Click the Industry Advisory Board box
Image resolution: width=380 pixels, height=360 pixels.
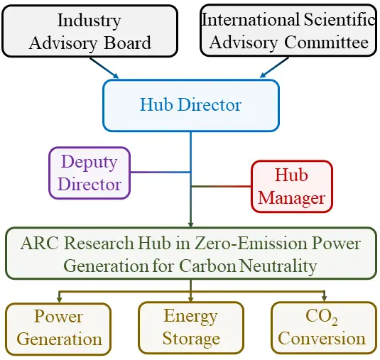click(x=90, y=31)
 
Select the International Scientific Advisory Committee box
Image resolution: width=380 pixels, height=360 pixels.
click(x=288, y=31)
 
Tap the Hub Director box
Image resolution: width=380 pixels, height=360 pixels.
click(x=191, y=105)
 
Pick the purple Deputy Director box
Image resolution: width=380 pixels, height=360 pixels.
click(x=89, y=173)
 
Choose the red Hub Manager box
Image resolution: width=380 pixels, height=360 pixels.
click(x=292, y=186)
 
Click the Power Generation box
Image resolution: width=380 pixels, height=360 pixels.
click(x=58, y=329)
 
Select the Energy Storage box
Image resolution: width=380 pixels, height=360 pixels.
click(x=191, y=328)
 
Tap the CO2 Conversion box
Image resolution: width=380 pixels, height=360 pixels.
click(x=324, y=328)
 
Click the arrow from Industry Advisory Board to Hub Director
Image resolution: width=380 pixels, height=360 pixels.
click(x=104, y=68)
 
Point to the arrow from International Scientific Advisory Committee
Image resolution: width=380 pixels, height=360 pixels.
click(x=274, y=67)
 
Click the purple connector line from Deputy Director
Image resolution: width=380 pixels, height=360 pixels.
click(x=161, y=173)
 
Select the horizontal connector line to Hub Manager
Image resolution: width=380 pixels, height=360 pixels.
click(x=222, y=186)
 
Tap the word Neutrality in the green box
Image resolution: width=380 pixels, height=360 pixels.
click(x=278, y=266)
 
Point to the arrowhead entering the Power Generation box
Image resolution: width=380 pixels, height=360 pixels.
click(x=60, y=300)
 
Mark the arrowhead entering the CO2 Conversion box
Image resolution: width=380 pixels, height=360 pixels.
click(x=325, y=298)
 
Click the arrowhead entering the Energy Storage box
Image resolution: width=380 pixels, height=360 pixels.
click(x=191, y=298)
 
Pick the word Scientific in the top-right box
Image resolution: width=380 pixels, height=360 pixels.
click(x=340, y=19)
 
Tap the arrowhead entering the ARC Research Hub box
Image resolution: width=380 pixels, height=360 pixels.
click(x=191, y=224)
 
